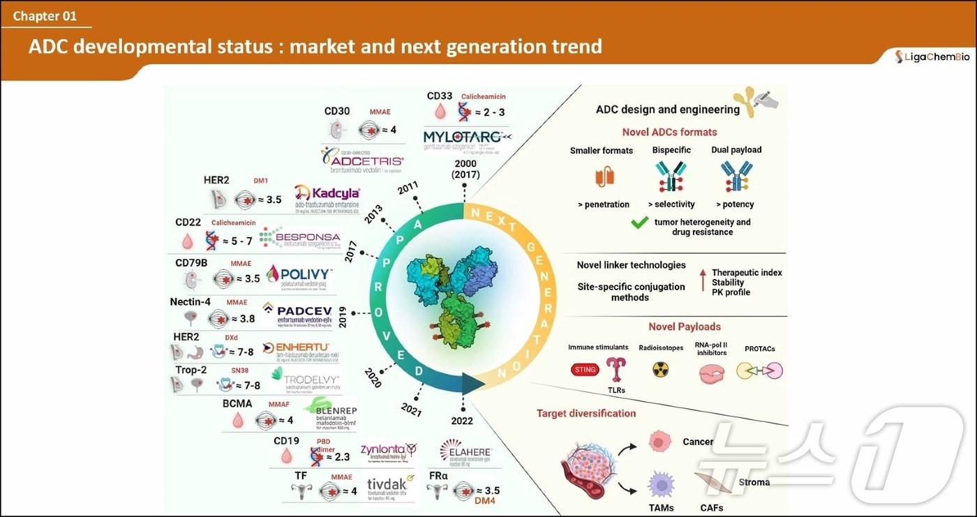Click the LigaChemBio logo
click(x=932, y=57)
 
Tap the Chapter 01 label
click(x=45, y=16)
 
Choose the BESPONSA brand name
click(x=308, y=237)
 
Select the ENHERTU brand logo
click(x=296, y=347)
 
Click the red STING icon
click(x=585, y=370)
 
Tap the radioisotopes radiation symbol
click(x=660, y=370)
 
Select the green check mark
click(x=640, y=223)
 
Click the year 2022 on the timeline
click(x=462, y=421)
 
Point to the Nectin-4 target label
click(x=191, y=302)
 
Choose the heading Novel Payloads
click(x=684, y=327)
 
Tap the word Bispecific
click(x=671, y=150)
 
